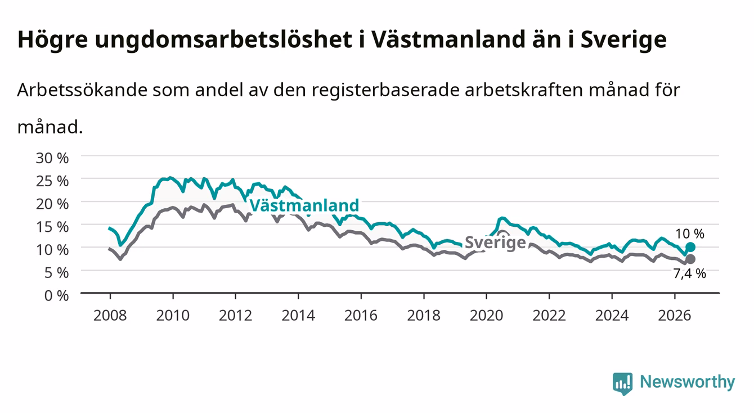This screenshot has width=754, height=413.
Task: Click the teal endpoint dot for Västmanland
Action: pos(690,248)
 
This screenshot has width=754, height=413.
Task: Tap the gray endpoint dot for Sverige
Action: pos(690,259)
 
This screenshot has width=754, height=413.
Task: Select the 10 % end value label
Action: pos(690,234)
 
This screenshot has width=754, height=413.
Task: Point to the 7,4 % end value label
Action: pos(690,273)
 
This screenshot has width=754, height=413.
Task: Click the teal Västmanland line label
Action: pos(304,205)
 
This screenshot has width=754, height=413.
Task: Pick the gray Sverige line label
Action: pos(495,243)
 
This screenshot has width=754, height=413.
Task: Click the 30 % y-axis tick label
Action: pos(52,158)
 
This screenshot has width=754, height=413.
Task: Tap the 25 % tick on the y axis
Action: pos(52,181)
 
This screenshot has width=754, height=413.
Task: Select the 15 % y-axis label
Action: pos(52,227)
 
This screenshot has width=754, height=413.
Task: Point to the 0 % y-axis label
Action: pos(56,295)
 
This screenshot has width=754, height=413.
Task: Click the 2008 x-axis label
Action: pos(110,316)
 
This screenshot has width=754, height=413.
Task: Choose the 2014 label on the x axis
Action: pos(298,316)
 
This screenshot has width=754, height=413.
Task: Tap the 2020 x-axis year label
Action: pos(486,316)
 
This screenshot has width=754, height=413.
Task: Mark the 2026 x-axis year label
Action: pos(675,316)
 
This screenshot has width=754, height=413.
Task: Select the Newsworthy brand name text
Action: pos(688,382)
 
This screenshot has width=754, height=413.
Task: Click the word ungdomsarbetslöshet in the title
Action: pos(223,41)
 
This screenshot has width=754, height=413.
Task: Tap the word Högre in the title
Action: pos(52,41)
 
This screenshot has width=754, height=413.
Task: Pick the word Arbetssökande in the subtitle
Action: pos(82,90)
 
